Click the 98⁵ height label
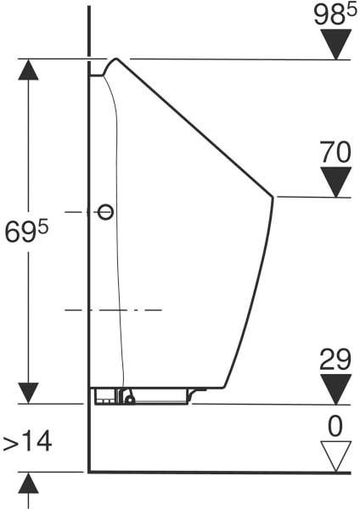coord(335,15)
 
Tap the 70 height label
coord(335,152)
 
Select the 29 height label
coord(335,360)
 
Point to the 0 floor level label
coord(335,426)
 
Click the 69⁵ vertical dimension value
coord(26,231)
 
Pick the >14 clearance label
coord(27,441)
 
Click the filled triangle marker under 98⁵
coord(336,44)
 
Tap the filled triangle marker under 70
coord(336,182)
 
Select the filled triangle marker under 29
coord(336,389)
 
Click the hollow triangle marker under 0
coord(336,456)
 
